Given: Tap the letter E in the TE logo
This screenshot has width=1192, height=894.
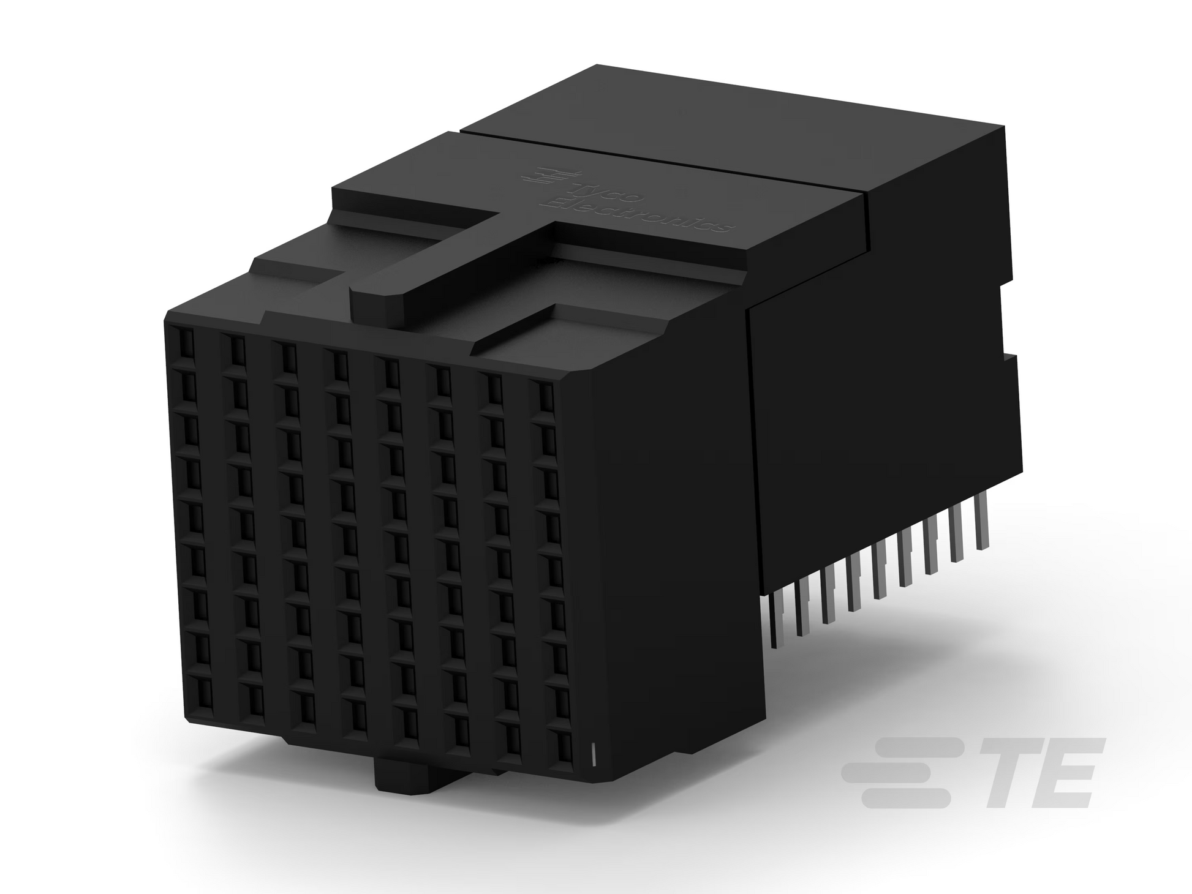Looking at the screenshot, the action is tap(1067, 773).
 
